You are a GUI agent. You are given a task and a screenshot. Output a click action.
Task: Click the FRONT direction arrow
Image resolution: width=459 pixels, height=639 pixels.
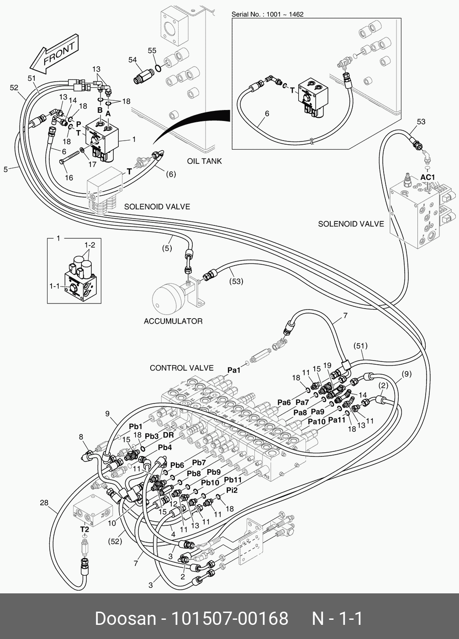coord(54,54)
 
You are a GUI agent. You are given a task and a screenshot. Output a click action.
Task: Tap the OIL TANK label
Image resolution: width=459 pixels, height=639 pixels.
coord(205,161)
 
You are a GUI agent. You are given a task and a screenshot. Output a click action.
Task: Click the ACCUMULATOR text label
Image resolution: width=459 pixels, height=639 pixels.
coord(173,321)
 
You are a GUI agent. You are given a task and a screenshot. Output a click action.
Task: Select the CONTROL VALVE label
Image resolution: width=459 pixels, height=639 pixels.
coord(182,368)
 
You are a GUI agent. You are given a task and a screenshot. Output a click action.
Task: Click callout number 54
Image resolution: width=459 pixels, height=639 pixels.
coord(132,60)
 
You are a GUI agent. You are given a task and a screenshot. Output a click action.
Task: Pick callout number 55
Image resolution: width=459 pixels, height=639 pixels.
coord(152,51)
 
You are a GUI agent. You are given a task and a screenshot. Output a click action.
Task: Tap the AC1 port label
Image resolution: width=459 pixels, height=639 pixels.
coord(427,177)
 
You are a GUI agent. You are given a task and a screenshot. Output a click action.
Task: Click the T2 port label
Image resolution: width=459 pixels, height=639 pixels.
coord(84,529)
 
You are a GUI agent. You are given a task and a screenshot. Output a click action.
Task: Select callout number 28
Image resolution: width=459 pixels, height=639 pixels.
coord(44,503)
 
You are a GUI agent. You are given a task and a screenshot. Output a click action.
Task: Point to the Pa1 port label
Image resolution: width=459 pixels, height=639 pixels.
coord(234,370)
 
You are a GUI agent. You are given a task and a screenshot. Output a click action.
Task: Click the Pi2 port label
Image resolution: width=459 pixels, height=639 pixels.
coord(232,490)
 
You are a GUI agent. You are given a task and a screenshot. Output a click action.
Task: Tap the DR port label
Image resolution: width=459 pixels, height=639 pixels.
coord(169,435)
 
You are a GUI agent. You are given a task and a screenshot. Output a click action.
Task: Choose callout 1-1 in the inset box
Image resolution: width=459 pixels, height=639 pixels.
coord(54,286)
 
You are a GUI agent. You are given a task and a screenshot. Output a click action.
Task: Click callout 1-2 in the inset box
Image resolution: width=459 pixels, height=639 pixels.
coord(90,245)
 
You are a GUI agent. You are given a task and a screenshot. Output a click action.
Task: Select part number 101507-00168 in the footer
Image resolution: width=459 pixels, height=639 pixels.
coord(229,618)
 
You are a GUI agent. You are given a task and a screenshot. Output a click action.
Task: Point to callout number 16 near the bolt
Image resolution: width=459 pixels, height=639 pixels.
coord(69,178)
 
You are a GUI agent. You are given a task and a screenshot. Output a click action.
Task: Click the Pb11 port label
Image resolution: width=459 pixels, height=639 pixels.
coord(233,480)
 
